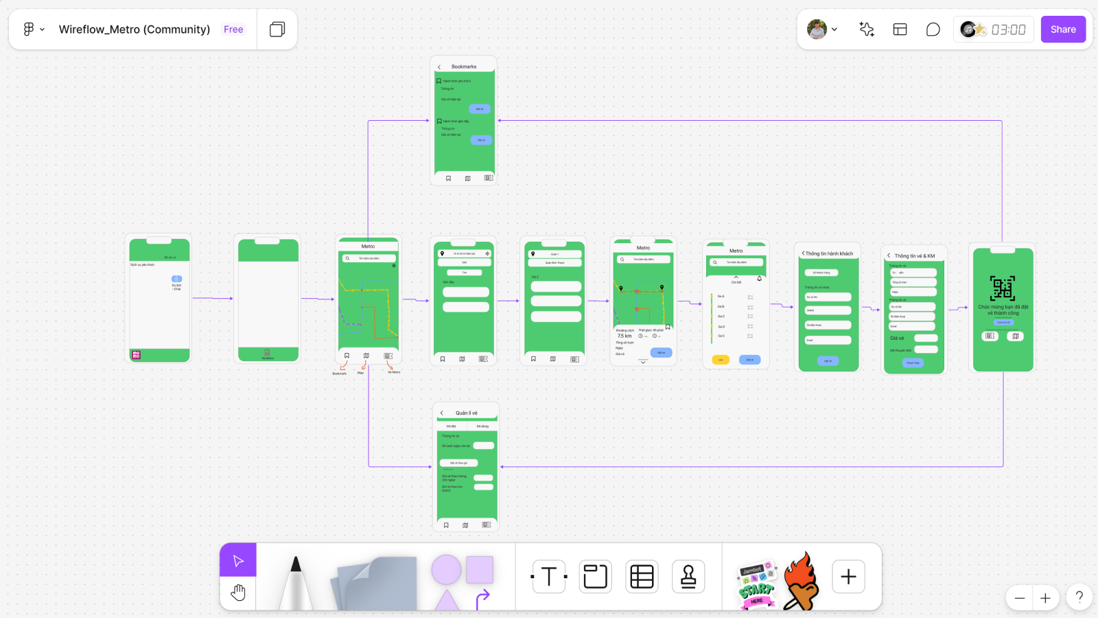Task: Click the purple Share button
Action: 1063,30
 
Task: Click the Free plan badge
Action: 233,30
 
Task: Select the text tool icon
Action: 549,577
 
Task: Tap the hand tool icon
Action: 238,593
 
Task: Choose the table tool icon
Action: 642,577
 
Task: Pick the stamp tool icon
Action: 688,577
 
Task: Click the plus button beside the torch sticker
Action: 848,577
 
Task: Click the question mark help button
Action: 1079,597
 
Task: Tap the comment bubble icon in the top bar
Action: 933,30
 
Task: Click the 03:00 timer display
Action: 1008,30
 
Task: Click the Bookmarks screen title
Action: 464,67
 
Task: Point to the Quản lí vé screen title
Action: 467,413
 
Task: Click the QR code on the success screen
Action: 1003,288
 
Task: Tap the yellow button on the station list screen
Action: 721,360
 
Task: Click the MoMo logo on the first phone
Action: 136,355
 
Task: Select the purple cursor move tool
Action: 238,560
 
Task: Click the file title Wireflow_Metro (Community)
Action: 135,30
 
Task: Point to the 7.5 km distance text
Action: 624,336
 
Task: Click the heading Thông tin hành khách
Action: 829,253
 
